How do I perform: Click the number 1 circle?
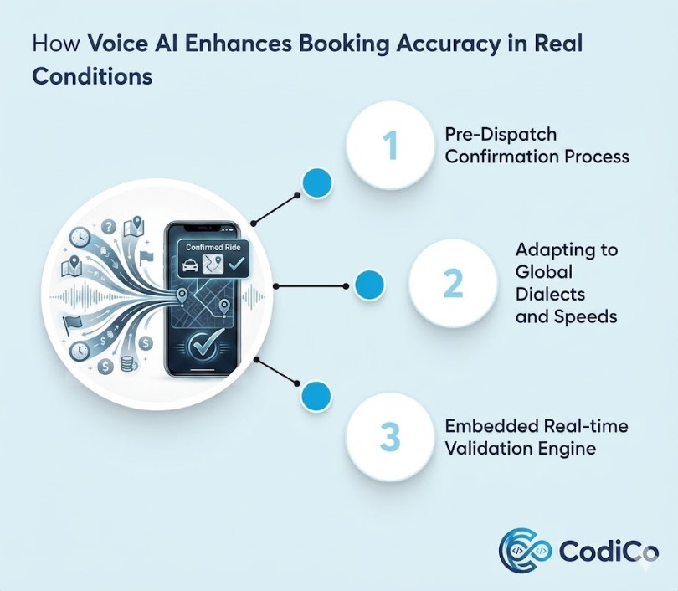coord(390,146)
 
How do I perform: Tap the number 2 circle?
coord(453,283)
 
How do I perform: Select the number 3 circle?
coord(390,437)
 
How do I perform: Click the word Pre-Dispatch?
coord(501,135)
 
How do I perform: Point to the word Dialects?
coord(550,295)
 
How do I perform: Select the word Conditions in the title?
coord(92,76)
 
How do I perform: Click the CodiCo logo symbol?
coord(525,550)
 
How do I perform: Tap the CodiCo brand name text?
coord(609,551)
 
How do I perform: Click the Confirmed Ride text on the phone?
coord(213,247)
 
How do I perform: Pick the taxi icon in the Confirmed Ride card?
coord(190,265)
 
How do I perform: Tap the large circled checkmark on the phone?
coord(202,345)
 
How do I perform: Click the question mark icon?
coord(109,226)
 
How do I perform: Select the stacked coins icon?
coord(128,363)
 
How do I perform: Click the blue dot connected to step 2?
coord(369,285)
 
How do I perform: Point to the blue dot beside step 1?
coord(317,182)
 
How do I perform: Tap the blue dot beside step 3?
coord(316,396)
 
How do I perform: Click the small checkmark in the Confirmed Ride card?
coord(237,264)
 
